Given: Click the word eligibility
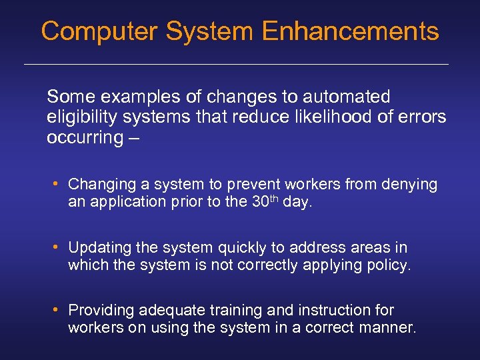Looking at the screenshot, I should pos(78,117).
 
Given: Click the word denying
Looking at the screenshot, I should pos(409,184).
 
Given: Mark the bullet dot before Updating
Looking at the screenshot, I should pos(58,247).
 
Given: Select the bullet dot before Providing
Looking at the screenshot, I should pos(58,309).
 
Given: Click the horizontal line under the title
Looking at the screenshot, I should pos(237,64).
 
